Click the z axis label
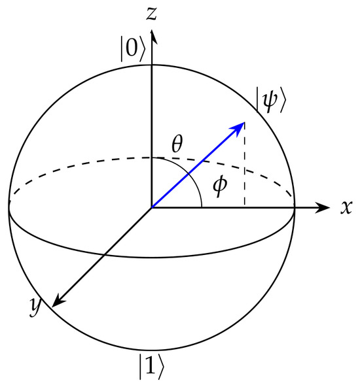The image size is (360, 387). tap(151, 13)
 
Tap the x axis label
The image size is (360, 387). tap(346, 207)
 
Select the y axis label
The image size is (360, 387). tap(35, 306)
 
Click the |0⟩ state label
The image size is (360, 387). tap(132, 48)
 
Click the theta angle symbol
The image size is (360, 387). tap(177, 144)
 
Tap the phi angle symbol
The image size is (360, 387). tap(220, 186)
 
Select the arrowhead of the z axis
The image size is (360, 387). tap(153, 37)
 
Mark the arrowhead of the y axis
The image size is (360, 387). tap(58, 301)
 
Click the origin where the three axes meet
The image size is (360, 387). tap(151, 208)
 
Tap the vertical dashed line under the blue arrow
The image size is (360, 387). tap(245, 165)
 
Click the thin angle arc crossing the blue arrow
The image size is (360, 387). tap(189, 174)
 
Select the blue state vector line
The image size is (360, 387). tap(198, 165)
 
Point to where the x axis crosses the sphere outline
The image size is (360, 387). tap(295, 208)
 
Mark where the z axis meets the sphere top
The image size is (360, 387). tap(151, 65)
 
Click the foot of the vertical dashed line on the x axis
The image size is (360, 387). tap(245, 208)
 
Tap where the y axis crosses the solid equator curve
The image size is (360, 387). tap(104, 255)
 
